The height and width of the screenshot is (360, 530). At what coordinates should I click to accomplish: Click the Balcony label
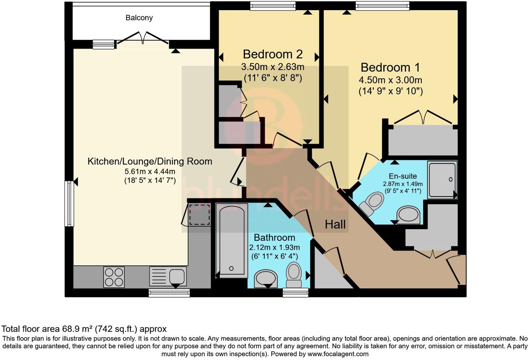tap(139, 18)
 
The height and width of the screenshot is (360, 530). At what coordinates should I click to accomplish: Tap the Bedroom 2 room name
tap(273, 54)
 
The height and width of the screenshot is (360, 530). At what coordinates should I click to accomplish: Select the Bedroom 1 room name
tap(390, 67)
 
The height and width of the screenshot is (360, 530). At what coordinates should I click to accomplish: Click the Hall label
tap(335, 224)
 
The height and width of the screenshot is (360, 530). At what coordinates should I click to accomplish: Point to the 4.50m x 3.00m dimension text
tap(390, 80)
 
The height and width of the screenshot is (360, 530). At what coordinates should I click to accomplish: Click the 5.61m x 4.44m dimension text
tap(150, 171)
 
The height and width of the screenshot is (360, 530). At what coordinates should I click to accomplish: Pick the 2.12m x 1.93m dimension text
tap(274, 247)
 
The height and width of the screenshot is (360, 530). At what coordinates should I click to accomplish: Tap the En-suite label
tap(403, 176)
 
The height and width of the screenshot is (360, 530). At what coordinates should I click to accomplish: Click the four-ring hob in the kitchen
tap(114, 277)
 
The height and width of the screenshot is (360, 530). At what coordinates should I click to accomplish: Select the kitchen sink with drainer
tap(168, 276)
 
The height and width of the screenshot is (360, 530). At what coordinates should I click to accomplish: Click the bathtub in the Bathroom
tap(231, 241)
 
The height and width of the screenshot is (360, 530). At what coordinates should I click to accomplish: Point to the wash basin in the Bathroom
tap(266, 278)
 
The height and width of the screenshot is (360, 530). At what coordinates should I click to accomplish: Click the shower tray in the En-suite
tap(442, 180)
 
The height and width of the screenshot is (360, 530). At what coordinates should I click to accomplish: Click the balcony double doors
tap(143, 38)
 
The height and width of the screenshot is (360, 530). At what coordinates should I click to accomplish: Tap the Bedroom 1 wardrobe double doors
tap(423, 118)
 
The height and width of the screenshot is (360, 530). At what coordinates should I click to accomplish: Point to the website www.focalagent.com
tap(338, 354)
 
